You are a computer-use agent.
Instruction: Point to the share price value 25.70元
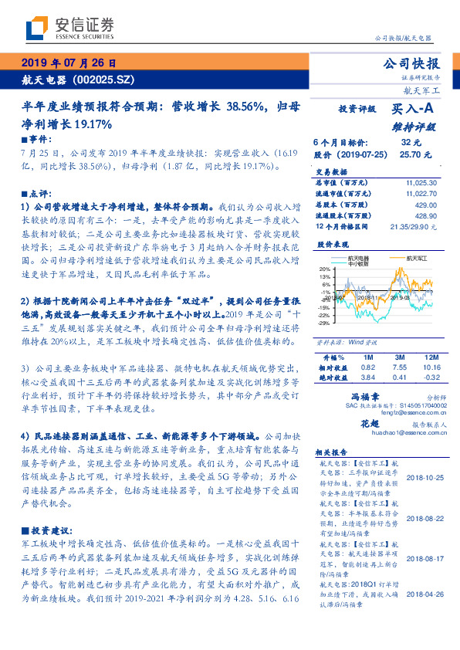(x=409, y=154)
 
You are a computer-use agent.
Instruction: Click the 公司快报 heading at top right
(x=412, y=63)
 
